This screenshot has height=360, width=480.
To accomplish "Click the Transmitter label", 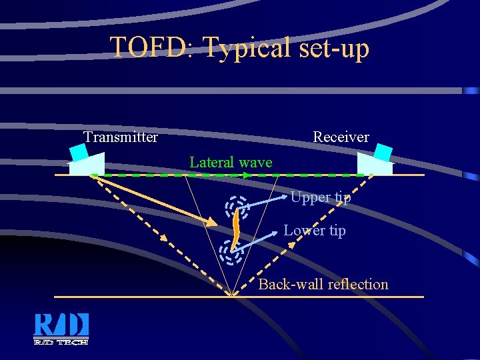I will point(121,137).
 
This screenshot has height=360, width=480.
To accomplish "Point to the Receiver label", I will point(341,137).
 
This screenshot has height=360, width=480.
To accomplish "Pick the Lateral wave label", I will point(231,162).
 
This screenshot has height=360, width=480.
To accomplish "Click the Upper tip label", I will point(320,197).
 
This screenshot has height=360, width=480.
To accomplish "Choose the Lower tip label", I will point(314,231).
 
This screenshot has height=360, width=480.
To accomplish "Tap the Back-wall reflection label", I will point(323,285).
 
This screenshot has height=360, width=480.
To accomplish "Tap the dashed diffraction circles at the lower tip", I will point(229,251).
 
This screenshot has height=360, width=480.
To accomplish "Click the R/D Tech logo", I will point(61,329).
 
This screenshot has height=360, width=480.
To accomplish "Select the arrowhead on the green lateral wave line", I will point(247,175).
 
